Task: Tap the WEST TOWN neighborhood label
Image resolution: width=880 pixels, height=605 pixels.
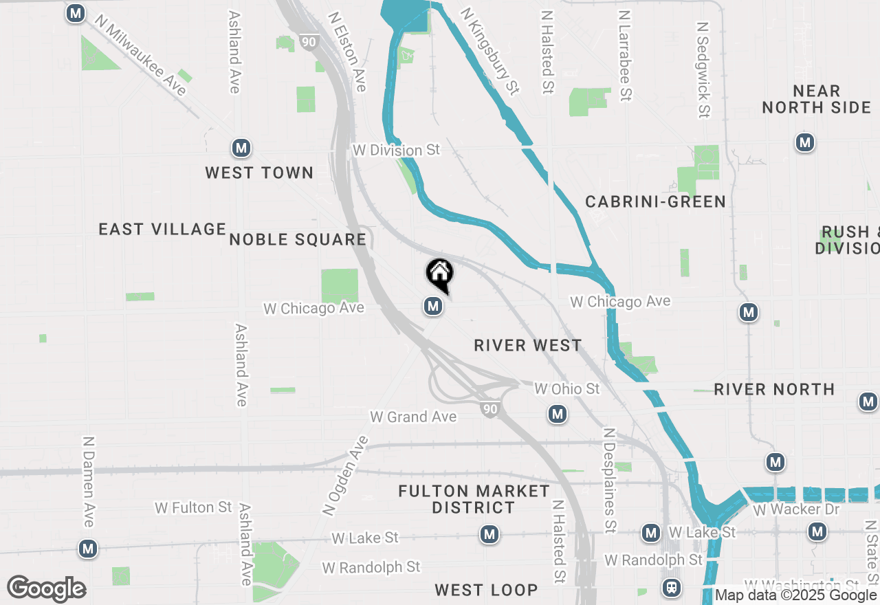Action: pyautogui.click(x=259, y=173)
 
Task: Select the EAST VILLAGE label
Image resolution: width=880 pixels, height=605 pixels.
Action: pyautogui.click(x=162, y=229)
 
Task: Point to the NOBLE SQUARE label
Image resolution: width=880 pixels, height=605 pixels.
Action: pyautogui.click(x=298, y=239)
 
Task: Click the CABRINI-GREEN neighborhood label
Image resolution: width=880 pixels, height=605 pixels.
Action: pyautogui.click(x=655, y=201)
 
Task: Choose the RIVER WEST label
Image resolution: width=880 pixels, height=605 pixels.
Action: pyautogui.click(x=528, y=345)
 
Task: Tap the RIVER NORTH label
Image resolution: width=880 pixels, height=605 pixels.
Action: pyautogui.click(x=774, y=389)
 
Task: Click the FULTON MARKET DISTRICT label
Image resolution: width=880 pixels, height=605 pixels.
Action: pyautogui.click(x=474, y=499)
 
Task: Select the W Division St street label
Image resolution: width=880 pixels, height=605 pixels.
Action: pyautogui.click(x=396, y=150)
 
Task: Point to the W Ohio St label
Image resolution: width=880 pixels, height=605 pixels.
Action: pyautogui.click(x=567, y=389)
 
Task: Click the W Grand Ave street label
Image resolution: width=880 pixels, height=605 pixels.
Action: pyautogui.click(x=413, y=417)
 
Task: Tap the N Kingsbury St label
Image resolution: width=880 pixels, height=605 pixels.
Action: pyautogui.click(x=489, y=51)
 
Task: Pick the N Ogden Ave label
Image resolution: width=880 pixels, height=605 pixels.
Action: pyautogui.click(x=346, y=476)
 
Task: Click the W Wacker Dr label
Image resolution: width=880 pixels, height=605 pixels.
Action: pyautogui.click(x=796, y=509)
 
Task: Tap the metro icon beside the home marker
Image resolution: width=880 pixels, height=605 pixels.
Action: pyautogui.click(x=433, y=306)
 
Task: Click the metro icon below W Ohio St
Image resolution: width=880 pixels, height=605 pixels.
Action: pyautogui.click(x=558, y=414)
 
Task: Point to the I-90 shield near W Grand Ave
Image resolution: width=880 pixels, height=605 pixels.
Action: pyautogui.click(x=489, y=410)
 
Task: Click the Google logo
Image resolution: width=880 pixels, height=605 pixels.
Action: pyautogui.click(x=47, y=588)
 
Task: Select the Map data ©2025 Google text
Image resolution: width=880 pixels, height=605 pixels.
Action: pyautogui.click(x=796, y=595)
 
